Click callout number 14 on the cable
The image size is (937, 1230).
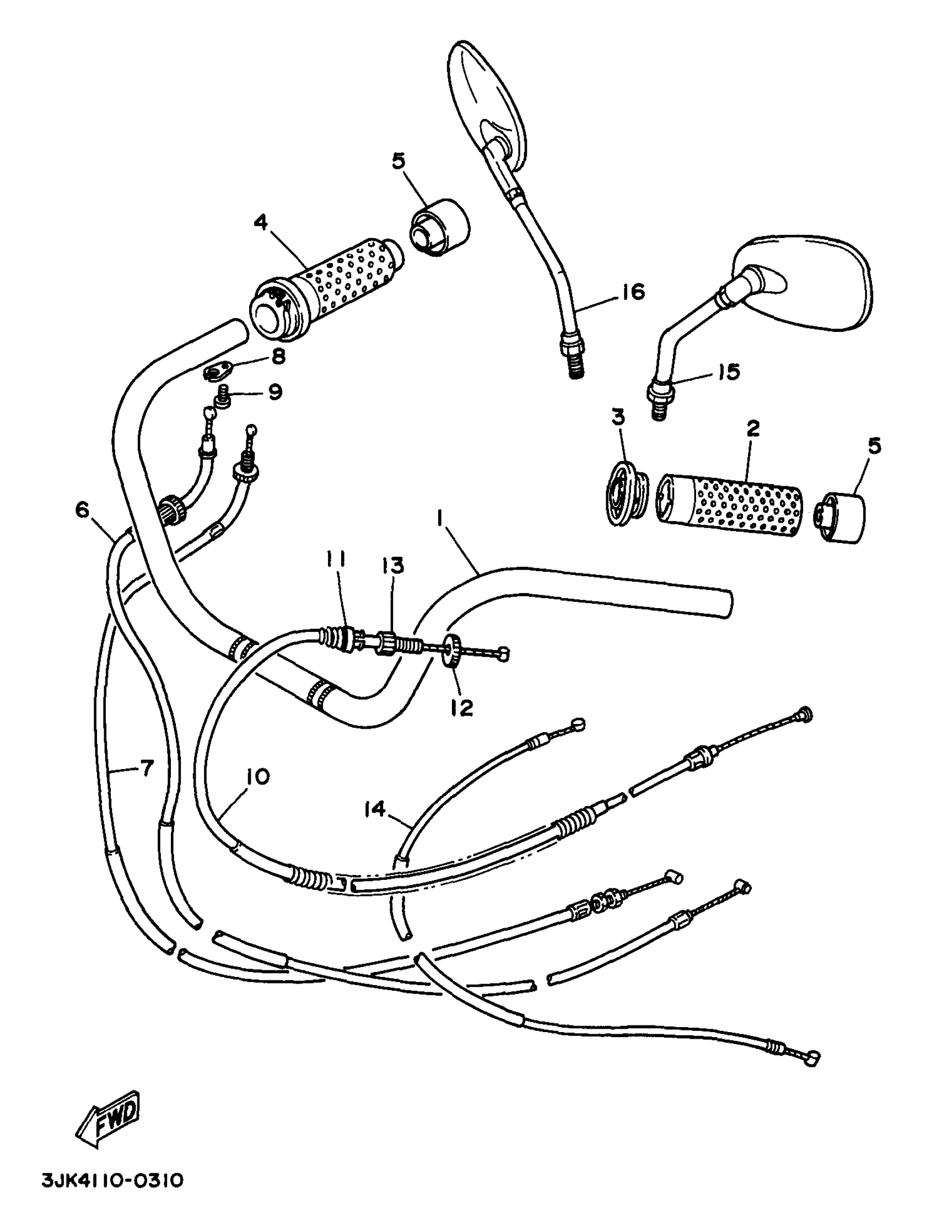(x=375, y=808)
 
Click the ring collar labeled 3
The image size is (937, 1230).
(x=626, y=492)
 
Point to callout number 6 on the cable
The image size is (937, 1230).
(x=83, y=509)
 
